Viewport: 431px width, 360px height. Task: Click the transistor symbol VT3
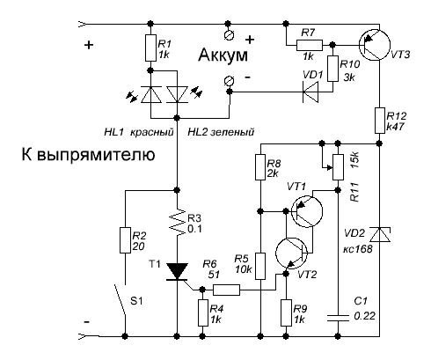point(375,45)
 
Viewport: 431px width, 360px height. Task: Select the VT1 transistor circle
point(307,211)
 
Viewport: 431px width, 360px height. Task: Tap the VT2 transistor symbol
point(291,253)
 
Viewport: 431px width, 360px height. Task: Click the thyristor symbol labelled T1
point(177,272)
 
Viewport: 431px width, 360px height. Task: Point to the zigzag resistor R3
point(177,222)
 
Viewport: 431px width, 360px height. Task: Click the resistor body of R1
point(150,48)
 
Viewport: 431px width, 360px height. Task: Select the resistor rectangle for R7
point(310,46)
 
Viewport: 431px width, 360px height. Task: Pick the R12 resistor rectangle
point(380,121)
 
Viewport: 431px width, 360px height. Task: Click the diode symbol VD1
point(310,92)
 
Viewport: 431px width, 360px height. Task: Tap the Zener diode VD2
point(380,234)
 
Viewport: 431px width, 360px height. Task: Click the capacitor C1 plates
point(338,318)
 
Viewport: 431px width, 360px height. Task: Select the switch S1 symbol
point(121,299)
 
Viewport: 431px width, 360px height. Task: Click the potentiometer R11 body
point(338,166)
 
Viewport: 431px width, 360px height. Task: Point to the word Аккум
point(223,55)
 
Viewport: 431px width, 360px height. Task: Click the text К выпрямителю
point(88,155)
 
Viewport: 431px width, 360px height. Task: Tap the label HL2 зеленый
point(221,132)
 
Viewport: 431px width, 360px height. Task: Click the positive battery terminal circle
point(229,35)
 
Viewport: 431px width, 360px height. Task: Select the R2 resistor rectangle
point(125,240)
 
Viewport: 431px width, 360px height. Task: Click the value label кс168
point(358,248)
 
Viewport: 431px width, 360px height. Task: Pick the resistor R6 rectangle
point(226,290)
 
